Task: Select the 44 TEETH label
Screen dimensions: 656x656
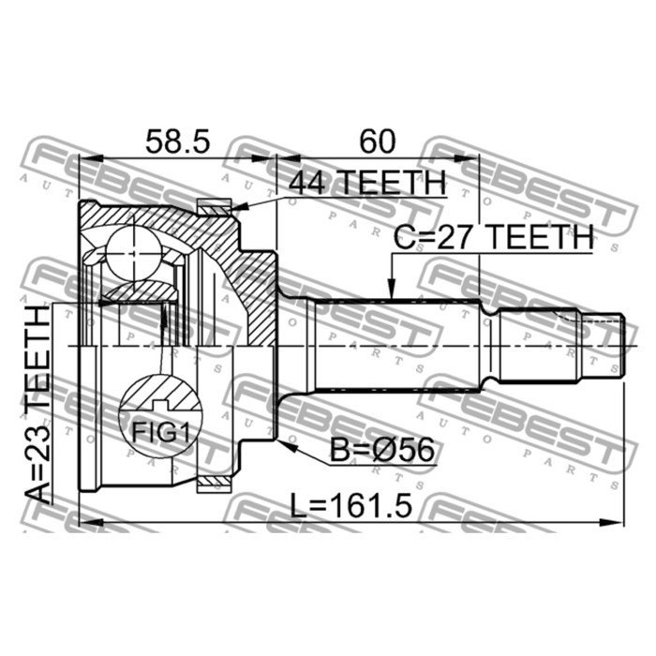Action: [x=367, y=183]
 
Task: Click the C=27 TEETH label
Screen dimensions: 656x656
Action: [x=493, y=237]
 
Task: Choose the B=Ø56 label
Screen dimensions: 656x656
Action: [x=382, y=450]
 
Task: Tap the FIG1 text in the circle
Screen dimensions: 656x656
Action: [x=161, y=432]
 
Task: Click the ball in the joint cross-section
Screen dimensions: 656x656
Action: [x=133, y=253]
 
